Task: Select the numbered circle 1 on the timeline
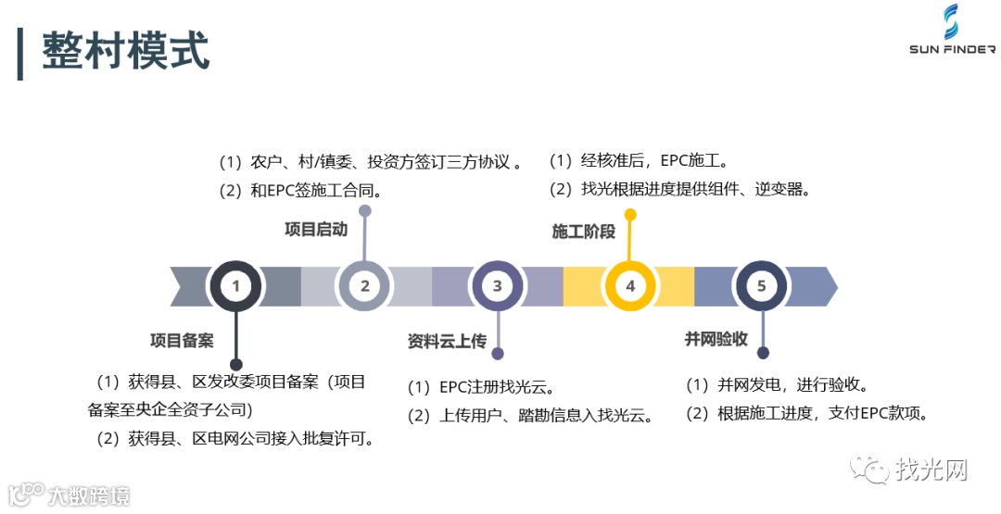235,286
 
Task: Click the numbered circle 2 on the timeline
365,286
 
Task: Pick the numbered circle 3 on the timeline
498,286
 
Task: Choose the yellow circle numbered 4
630,286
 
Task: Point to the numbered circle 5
762,286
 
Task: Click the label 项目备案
182,341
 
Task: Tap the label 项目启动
315,229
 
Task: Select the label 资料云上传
447,341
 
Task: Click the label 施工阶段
583,232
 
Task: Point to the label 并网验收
716,339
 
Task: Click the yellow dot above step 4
630,215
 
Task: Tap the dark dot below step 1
235,365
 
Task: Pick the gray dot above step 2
365,211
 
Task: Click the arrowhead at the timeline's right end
827,286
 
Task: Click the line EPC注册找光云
482,387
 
